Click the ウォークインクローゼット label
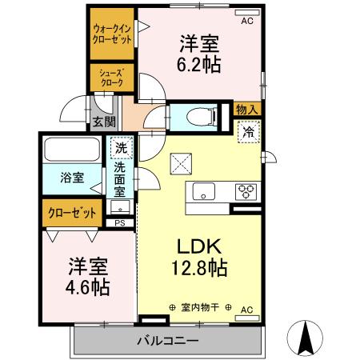coord(112,33)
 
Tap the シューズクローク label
coord(110,76)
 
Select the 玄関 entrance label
coord(103,122)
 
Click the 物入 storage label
coord(247,110)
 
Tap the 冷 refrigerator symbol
coord(248,131)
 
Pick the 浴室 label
coord(73,178)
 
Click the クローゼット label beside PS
coord(71,213)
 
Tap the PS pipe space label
coord(119,223)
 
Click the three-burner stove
coord(244,191)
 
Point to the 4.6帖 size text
coord(88,286)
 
